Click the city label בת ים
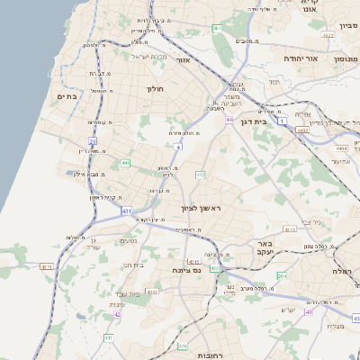(x=67, y=96)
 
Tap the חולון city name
(x=152, y=89)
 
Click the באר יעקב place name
(x=265, y=248)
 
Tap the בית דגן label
(x=256, y=120)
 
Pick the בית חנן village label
(x=132, y=265)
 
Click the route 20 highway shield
(x=93, y=141)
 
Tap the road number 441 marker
(x=125, y=163)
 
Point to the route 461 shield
(x=217, y=29)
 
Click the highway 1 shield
(x=283, y=121)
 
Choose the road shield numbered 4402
(x=302, y=130)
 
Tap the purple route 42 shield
(x=118, y=314)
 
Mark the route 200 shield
(x=282, y=275)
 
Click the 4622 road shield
(x=328, y=35)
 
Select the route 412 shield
(x=200, y=175)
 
